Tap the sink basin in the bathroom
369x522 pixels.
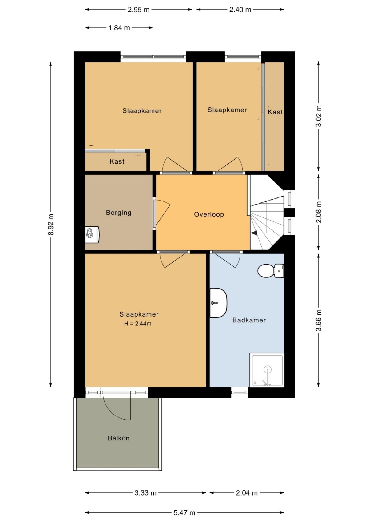coord(218,303)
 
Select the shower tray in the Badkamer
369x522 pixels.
coord(267,370)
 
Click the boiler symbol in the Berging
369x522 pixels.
coord(92,235)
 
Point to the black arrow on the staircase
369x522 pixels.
coord(254,233)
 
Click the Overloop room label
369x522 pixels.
coord(209,214)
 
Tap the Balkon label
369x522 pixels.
coord(118,438)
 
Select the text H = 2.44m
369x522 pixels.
coord(138,324)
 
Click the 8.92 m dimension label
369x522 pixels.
coord(51,225)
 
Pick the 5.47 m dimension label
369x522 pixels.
coord(184,512)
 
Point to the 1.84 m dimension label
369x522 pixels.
coord(119,28)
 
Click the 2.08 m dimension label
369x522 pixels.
coord(319,212)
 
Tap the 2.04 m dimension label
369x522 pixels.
coord(247,493)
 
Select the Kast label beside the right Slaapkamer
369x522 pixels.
coord(275,112)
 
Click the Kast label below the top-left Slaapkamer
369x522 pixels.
coord(117,161)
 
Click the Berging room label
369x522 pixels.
coord(118,213)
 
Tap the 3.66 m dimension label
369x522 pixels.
coord(319,320)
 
